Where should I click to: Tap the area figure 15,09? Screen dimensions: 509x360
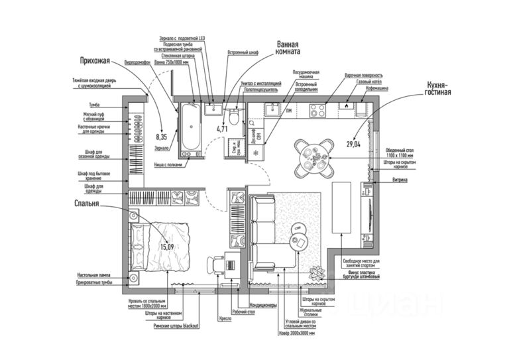(166, 247)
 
